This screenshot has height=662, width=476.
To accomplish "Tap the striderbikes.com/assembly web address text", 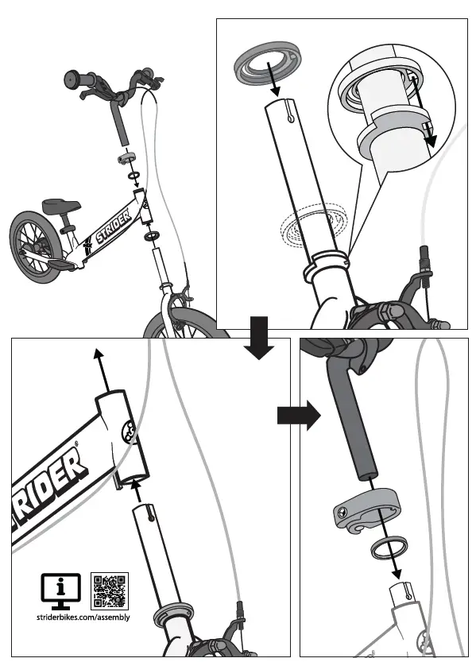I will point(83,617).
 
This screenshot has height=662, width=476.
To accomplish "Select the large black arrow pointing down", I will point(260,337).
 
